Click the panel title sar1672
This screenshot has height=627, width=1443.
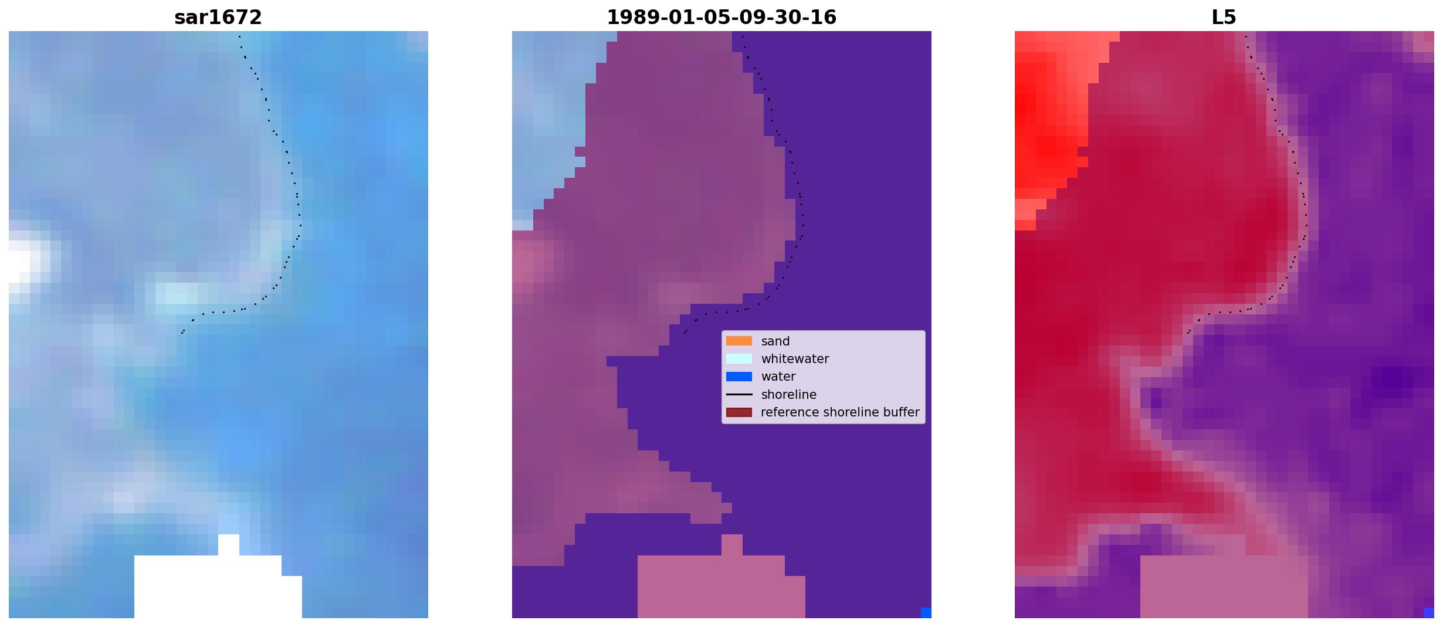218,18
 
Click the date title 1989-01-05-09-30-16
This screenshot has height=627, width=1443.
721,18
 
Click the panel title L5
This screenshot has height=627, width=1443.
1224,18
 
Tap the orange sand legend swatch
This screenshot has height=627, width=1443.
739,341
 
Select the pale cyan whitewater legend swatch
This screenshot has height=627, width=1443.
739,358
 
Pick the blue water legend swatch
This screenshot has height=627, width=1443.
739,377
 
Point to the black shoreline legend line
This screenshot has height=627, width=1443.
739,395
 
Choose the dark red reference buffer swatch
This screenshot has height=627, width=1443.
739,412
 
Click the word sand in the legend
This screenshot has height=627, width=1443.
775,341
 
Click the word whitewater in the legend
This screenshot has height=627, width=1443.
795,359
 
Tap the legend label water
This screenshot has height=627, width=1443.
778,377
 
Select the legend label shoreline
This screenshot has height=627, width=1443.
789,395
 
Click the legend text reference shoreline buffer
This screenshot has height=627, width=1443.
840,412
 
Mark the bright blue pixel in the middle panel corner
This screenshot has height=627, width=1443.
926,613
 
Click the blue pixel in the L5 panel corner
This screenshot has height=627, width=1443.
1429,613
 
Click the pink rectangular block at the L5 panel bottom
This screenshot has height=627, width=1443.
1224,587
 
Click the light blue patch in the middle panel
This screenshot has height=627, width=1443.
546,117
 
